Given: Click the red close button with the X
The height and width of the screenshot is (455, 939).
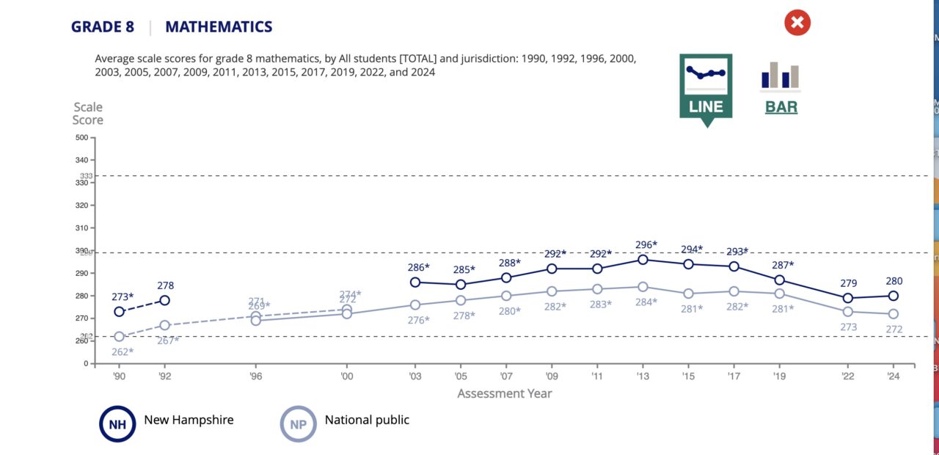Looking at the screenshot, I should click(797, 23).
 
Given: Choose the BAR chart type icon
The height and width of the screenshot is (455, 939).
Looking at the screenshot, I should click(781, 88).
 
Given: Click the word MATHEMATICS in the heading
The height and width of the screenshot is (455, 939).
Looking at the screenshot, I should click(219, 27).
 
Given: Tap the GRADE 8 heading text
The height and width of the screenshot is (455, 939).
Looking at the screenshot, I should click(103, 27).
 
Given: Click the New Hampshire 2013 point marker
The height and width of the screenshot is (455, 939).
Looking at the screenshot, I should click(643, 259).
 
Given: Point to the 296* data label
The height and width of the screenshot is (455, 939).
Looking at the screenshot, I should click(646, 245).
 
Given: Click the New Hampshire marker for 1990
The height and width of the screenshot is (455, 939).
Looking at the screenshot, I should click(119, 312).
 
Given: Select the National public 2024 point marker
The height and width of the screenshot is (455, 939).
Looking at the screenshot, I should click(894, 314).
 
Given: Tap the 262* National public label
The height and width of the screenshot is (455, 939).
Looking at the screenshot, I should click(123, 352).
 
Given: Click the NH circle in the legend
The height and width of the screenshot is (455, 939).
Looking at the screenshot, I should click(117, 423).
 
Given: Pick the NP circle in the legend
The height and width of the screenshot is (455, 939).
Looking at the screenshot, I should click(299, 423).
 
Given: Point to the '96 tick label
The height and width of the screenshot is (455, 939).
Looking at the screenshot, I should click(255, 375).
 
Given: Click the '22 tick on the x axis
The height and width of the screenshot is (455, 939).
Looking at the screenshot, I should click(848, 375).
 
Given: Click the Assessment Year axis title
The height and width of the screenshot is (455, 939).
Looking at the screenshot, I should click(505, 393).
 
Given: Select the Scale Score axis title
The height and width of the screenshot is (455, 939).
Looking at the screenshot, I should click(87, 114).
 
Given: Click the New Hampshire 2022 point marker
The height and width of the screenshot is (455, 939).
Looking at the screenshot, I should click(848, 298).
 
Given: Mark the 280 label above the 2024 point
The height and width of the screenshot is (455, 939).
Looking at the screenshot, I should click(894, 281).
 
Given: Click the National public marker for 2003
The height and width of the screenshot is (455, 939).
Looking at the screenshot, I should click(415, 305).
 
